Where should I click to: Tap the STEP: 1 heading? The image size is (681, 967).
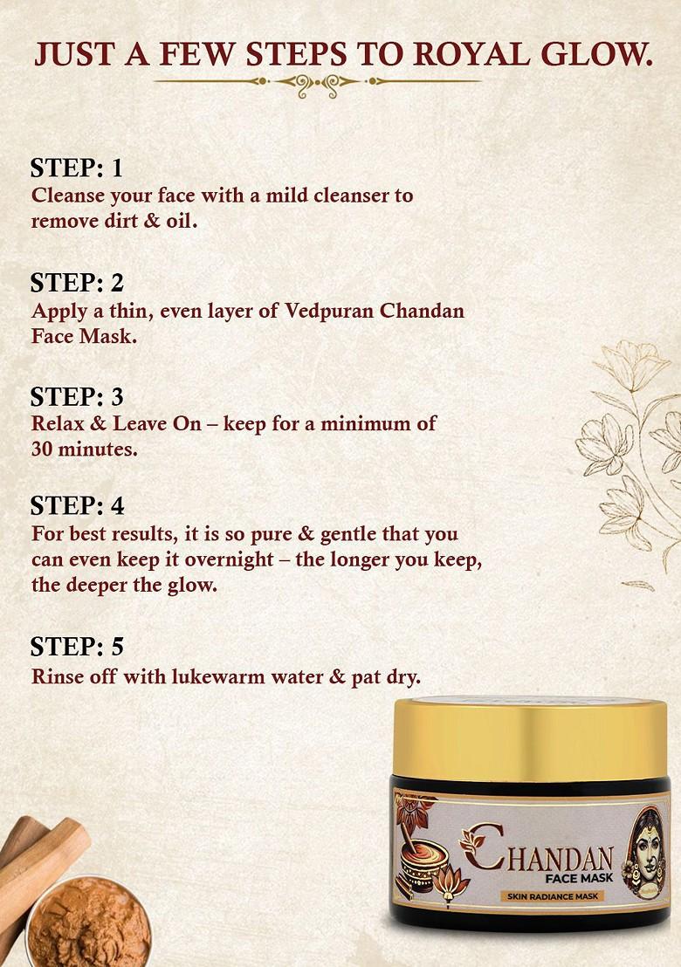[x=77, y=168]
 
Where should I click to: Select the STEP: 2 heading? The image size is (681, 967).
[x=77, y=283]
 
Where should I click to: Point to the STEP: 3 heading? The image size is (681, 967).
[x=77, y=396]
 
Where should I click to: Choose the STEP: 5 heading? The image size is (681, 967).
[x=77, y=647]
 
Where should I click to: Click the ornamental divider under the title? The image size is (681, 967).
[x=316, y=82]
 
